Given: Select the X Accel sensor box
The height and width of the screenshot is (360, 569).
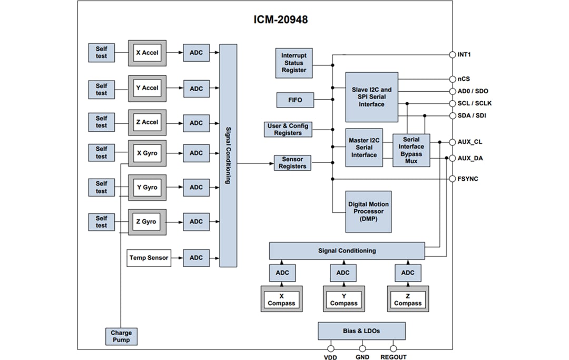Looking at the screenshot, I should (x=147, y=53).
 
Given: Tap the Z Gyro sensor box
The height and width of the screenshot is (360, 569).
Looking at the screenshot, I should (x=147, y=222).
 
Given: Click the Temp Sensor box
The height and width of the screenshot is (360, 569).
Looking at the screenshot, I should (x=149, y=258).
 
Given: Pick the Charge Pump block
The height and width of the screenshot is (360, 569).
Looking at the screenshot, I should (x=121, y=336).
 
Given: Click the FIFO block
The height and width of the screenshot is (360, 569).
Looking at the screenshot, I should (x=295, y=99).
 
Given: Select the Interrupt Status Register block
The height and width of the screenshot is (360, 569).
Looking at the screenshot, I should (x=293, y=63).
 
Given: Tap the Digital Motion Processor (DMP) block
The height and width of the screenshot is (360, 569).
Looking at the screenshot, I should (x=369, y=211).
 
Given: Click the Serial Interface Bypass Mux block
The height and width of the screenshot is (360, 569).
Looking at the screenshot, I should (x=411, y=150).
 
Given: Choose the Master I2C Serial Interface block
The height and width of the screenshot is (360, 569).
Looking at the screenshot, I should (x=364, y=148).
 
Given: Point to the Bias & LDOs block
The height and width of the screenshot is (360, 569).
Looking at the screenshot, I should (x=361, y=331).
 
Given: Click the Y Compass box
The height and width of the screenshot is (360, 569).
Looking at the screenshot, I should (x=344, y=299).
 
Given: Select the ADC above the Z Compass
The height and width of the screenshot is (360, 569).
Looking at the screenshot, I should (x=408, y=273).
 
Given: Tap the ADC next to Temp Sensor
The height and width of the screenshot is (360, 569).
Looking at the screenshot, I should (x=196, y=258).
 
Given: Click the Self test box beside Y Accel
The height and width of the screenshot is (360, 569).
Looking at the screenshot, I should (x=101, y=90).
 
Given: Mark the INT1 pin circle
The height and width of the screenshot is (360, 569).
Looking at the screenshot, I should (x=452, y=54).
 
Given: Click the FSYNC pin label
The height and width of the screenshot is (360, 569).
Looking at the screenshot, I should (x=468, y=179).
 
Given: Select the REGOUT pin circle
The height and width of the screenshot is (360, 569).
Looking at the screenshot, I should (x=393, y=348).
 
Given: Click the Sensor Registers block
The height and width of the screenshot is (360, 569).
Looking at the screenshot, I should (x=292, y=163).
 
